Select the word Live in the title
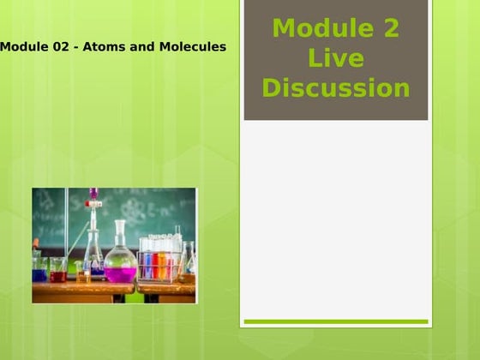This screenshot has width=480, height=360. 336,59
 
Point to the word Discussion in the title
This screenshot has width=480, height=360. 336,88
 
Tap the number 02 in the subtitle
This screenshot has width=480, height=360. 58,46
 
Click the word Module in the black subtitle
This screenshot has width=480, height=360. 21,46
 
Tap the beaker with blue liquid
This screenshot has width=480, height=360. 40,272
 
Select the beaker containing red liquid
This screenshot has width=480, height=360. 58,273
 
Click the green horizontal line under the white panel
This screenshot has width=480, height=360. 335,322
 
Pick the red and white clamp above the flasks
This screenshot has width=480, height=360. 93,204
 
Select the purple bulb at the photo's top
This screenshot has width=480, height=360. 93,193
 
